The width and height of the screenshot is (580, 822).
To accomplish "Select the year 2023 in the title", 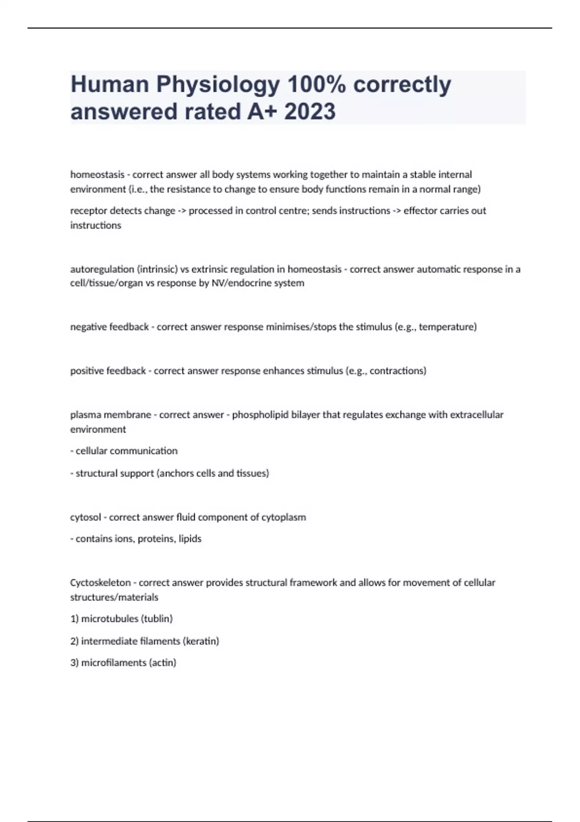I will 310,112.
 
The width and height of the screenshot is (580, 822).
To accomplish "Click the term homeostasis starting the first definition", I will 97,175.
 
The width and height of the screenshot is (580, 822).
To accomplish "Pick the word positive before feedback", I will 87,371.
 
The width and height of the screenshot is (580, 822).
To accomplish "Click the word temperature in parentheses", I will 447,327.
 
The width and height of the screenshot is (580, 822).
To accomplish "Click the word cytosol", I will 85,517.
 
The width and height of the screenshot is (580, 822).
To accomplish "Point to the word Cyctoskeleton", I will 101,583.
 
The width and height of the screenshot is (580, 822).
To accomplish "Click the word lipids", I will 189,539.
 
